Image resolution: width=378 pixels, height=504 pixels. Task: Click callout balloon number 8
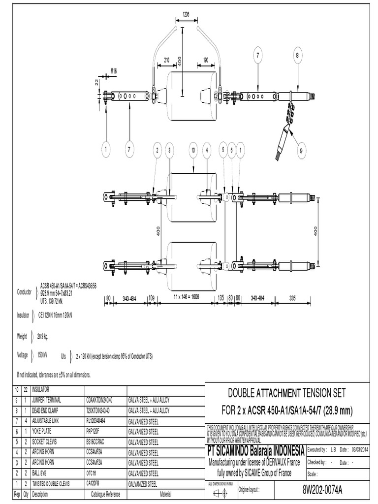[297, 56]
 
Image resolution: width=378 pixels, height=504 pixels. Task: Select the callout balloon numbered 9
[301, 152]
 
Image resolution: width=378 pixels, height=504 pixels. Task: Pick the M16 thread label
[114, 71]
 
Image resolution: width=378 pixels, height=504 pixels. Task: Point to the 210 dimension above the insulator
[166, 60]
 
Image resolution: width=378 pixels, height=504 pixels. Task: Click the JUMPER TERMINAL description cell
[51, 400]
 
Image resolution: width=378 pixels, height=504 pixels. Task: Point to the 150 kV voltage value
[42, 355]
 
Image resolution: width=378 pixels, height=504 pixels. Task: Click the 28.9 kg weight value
[43, 337]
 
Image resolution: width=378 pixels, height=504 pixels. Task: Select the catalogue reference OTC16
[92, 473]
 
